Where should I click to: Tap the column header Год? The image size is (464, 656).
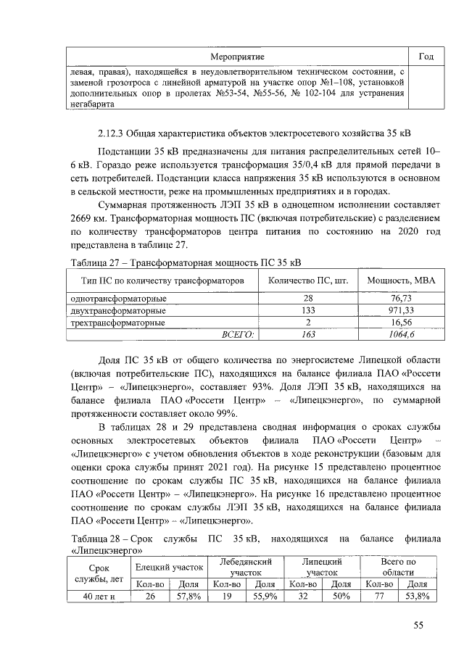point(426,57)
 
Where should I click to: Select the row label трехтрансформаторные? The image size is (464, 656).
point(117,322)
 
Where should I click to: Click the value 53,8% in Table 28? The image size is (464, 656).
point(417,597)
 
